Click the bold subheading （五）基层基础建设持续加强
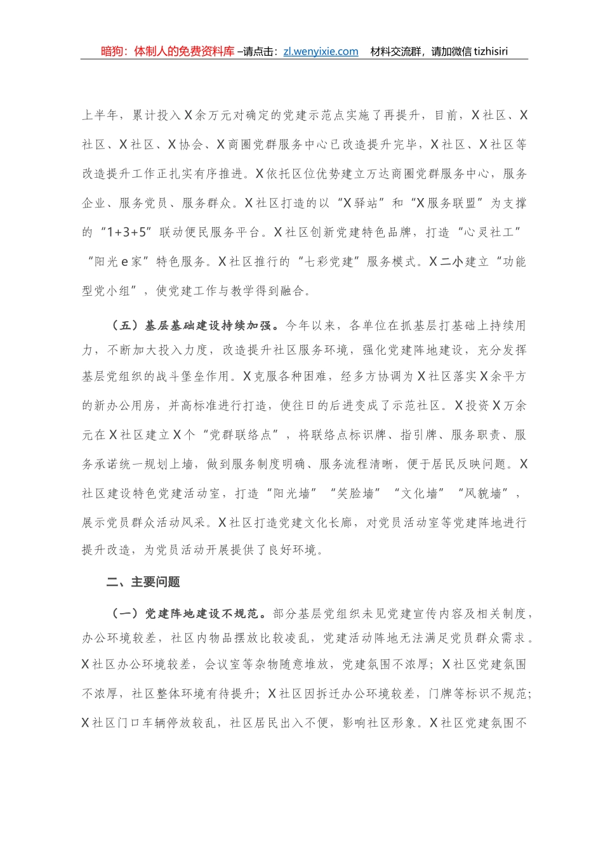[x=195, y=326]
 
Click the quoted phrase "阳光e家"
[x=119, y=261]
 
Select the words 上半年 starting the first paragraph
[x=100, y=116]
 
